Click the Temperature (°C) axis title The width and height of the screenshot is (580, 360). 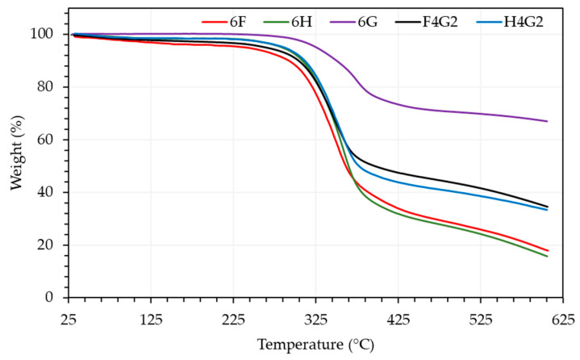(315, 345)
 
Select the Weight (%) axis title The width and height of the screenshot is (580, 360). (17, 165)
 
